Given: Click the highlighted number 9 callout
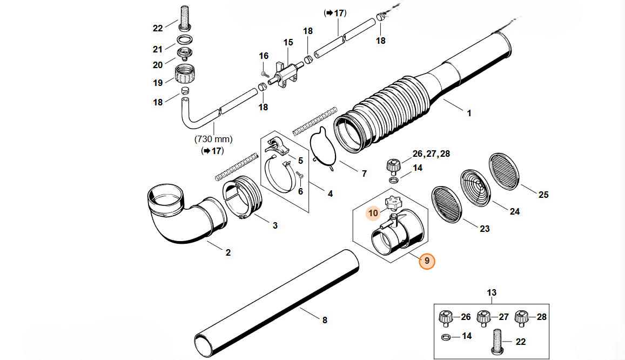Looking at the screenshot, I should (x=427, y=261).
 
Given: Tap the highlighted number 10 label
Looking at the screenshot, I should (x=373, y=213).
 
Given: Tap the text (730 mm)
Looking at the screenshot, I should (x=214, y=139).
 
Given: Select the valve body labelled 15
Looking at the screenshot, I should (x=288, y=72).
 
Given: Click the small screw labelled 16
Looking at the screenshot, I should (x=264, y=72).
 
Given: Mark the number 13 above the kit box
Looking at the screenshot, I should (x=492, y=293).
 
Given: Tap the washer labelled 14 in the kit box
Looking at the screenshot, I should (x=446, y=337).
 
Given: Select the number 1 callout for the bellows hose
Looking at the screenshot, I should (x=469, y=113).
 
